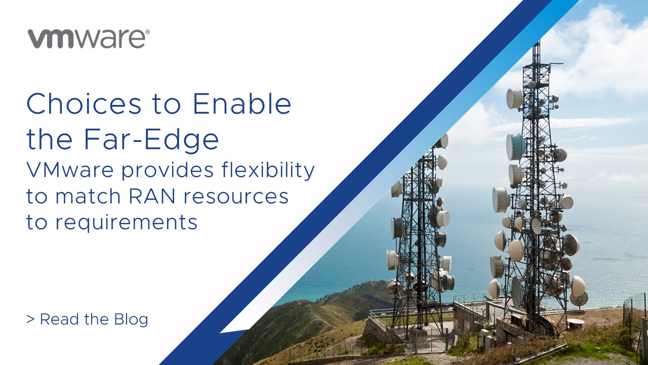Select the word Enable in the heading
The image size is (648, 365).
click(242, 104)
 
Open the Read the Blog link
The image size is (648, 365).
click(87, 319)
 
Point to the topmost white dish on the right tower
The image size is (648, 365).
click(514, 98)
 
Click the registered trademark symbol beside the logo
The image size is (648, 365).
click(147, 32)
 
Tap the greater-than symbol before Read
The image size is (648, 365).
click(30, 319)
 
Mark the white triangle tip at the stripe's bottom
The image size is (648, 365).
click(223, 332)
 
